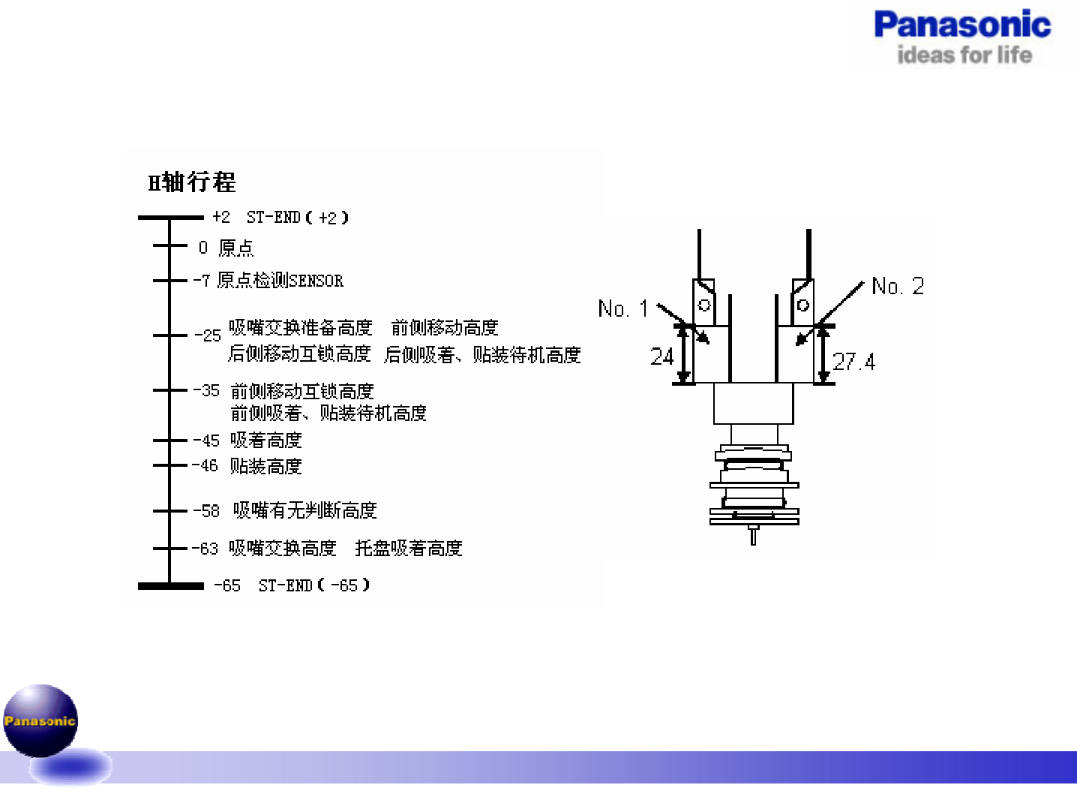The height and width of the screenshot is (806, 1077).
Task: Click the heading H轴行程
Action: pyautogui.click(x=192, y=182)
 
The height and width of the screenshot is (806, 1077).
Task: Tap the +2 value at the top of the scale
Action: pyautogui.click(x=221, y=218)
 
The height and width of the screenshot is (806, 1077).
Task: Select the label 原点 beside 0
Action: pyautogui.click(x=236, y=248)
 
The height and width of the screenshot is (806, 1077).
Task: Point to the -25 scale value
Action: pyautogui.click(x=208, y=335)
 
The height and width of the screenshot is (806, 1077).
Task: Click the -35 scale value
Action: pyautogui.click(x=206, y=391)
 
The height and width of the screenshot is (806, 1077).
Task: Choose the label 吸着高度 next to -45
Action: pyautogui.click(x=266, y=441)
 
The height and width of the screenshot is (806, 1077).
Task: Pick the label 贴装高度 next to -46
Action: pyautogui.click(x=266, y=467)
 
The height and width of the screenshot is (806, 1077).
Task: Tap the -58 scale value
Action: pyautogui.click(x=206, y=511)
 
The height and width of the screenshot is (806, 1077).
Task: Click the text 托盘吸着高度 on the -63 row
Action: pyautogui.click(x=409, y=549)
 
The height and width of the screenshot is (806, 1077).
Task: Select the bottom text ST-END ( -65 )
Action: pyautogui.click(x=314, y=585)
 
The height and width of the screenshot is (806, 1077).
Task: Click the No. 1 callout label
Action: pyautogui.click(x=623, y=308)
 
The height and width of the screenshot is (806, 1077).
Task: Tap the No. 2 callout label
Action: pyautogui.click(x=898, y=286)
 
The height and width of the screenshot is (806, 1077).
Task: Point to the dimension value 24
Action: pyautogui.click(x=662, y=356)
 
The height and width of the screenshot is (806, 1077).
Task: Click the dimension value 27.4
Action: pyautogui.click(x=854, y=362)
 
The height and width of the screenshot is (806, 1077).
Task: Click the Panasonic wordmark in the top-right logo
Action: pyautogui.click(x=962, y=25)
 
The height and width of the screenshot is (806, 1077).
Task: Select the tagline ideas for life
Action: pyautogui.click(x=964, y=55)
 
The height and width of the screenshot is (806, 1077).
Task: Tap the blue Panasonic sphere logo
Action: pyautogui.click(x=40, y=720)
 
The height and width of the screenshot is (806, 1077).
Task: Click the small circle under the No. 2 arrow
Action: pyautogui.click(x=803, y=305)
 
